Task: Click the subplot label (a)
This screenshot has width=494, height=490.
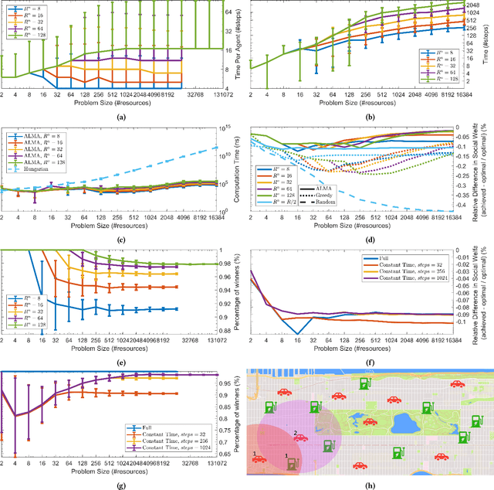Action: [x=120, y=115]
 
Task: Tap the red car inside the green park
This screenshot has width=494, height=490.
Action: [x=370, y=422]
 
